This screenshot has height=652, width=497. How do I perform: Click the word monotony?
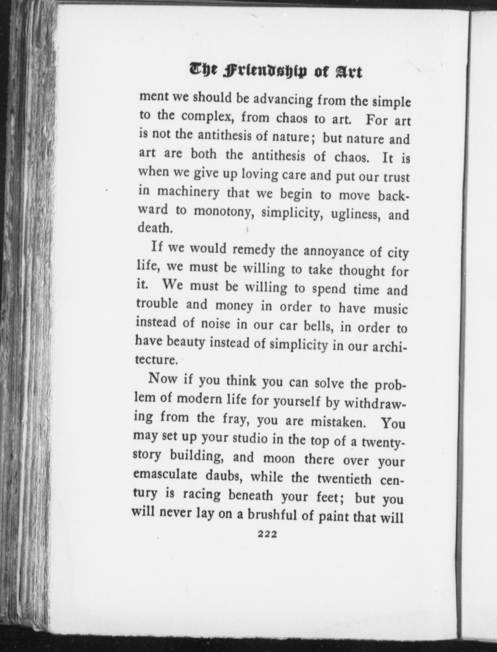click(222, 212)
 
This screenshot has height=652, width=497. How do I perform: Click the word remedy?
click(254, 250)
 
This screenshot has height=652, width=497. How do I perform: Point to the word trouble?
click(157, 304)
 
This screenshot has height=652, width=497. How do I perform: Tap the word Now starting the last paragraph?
click(162, 378)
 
